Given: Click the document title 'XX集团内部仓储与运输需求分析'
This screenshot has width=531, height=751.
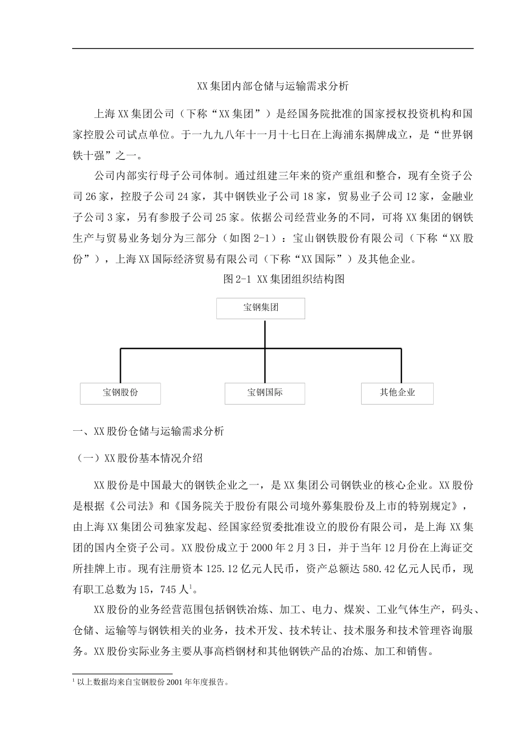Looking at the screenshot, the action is point(273,86).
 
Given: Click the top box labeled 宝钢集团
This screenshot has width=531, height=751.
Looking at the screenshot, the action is point(260,308).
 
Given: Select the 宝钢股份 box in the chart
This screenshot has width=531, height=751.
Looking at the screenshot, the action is point(120,393).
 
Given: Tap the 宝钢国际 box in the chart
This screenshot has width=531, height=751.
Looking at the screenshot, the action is point(265,393).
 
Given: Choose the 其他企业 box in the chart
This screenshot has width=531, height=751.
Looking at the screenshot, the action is point(397,393).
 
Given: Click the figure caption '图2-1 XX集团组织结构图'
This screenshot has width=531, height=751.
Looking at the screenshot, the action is point(283,279).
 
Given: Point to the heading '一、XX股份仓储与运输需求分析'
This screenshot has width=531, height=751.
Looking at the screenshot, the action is point(149,431).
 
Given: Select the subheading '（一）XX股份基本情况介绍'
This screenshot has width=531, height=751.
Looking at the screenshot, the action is point(140,458).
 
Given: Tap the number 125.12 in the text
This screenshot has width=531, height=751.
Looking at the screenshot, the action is point(222,569).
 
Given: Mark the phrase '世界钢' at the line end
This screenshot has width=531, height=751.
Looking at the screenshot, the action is point(457,135).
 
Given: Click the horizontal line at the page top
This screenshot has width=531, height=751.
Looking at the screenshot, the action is point(273,48).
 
